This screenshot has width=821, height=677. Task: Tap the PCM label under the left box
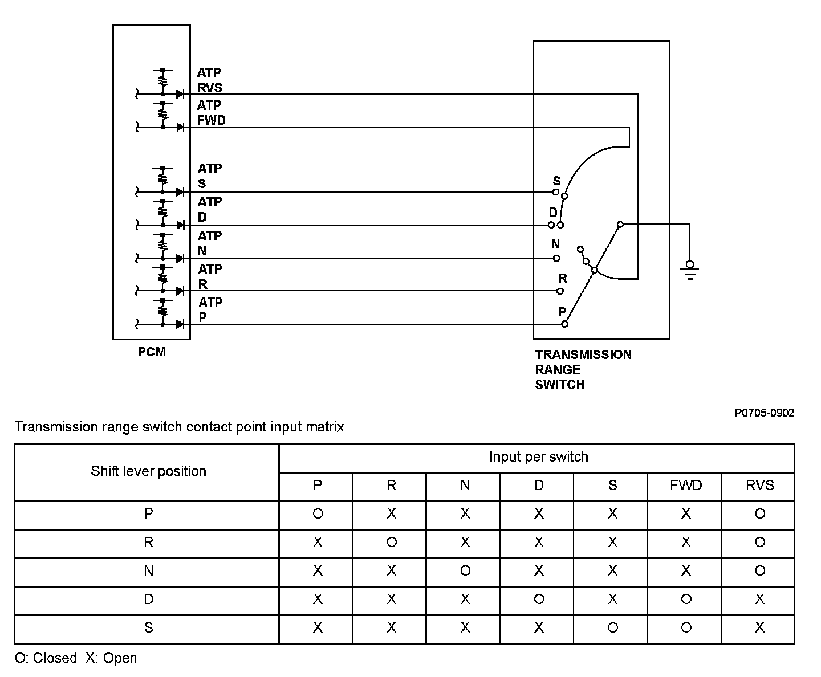pos(152,352)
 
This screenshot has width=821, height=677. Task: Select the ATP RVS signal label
pos(209,80)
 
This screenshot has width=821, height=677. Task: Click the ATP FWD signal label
pos(211,113)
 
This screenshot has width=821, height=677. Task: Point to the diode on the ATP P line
pos(180,324)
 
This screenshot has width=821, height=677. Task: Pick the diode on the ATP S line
pos(180,192)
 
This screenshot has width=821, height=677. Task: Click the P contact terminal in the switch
pos(564,324)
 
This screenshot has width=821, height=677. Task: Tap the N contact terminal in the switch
pos(556,258)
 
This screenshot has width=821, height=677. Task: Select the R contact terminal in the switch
pos(560,291)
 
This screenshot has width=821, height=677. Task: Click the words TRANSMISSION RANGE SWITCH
pos(583,369)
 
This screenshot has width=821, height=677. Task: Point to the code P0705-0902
pos(764,413)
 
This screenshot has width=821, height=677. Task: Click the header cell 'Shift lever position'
pos(148,471)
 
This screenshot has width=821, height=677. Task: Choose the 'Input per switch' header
pos(538,457)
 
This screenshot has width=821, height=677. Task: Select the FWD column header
pos(686,486)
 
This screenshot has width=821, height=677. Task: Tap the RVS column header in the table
pos(759,486)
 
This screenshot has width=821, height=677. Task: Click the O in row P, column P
pos(318,514)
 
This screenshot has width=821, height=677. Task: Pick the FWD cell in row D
pos(686,599)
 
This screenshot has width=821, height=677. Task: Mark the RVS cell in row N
pos(759,571)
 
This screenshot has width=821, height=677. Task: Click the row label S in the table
pos(148,628)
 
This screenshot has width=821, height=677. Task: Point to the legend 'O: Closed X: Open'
pos(76,658)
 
